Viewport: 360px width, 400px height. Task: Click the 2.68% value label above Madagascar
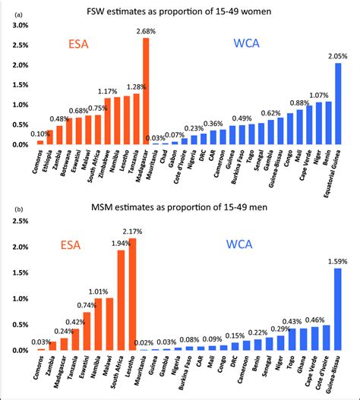[145, 31]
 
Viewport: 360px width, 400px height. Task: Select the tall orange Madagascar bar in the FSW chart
[146, 91]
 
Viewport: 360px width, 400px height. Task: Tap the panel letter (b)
[8, 207]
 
